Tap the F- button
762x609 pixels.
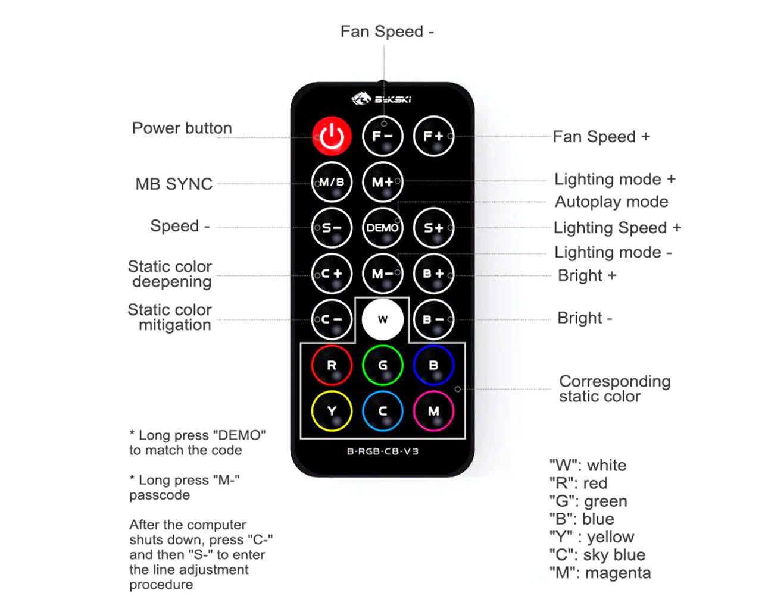tap(382, 136)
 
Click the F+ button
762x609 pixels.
tap(433, 136)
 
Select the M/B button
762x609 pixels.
tap(332, 182)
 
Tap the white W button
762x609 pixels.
tap(382, 319)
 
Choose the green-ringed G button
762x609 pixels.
tap(382, 365)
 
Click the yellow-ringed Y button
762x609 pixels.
tap(332, 411)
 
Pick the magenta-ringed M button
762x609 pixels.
tap(433, 411)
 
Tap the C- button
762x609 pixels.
tap(332, 319)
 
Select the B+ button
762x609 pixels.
tap(433, 274)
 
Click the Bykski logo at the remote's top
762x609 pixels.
tap(382, 99)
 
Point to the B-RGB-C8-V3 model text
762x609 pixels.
tap(382, 451)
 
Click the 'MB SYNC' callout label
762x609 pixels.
tap(174, 184)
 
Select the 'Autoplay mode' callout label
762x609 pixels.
tap(611, 202)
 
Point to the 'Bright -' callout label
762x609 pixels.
tap(585, 318)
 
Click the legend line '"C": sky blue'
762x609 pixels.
tap(597, 555)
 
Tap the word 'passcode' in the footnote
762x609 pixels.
tap(160, 495)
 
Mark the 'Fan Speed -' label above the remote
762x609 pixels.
tap(387, 32)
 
